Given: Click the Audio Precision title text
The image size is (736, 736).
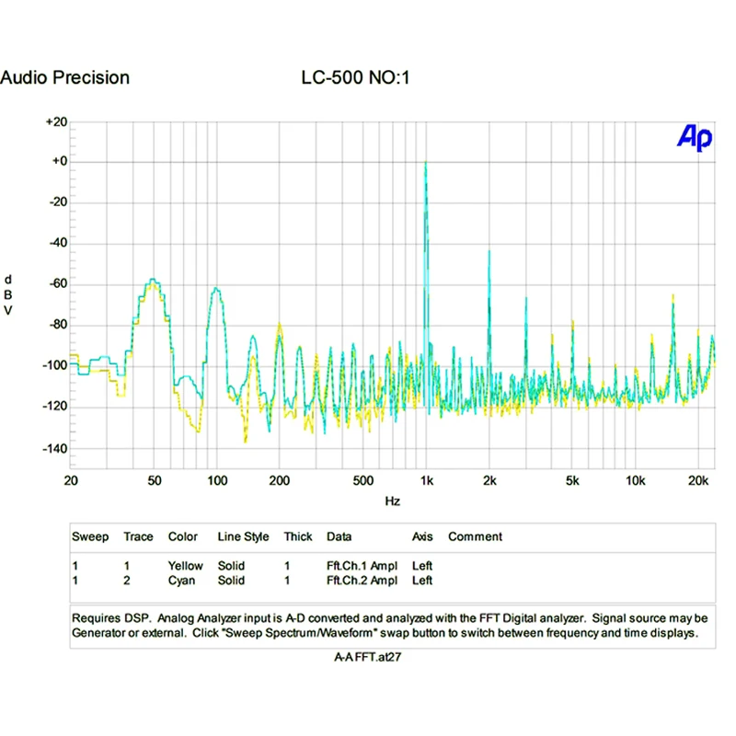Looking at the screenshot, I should (65, 78).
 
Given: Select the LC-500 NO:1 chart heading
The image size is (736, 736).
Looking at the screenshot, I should (354, 78).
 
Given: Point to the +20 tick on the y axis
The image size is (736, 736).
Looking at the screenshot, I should (57, 121).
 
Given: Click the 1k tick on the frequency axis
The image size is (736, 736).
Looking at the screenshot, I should (426, 479).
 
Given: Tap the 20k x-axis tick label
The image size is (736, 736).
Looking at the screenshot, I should (697, 479).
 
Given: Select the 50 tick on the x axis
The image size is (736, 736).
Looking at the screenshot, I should (155, 479).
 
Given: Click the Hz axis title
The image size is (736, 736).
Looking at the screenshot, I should (392, 502).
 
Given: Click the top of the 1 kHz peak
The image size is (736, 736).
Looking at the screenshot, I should (425, 163).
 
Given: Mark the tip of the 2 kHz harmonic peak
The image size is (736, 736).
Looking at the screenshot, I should (489, 250).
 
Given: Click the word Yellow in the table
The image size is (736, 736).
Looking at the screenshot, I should (185, 566).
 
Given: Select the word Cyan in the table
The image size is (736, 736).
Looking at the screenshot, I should (181, 581).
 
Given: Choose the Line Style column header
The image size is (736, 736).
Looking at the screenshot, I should (243, 536).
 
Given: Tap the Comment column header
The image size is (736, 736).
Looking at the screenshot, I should (475, 536).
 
